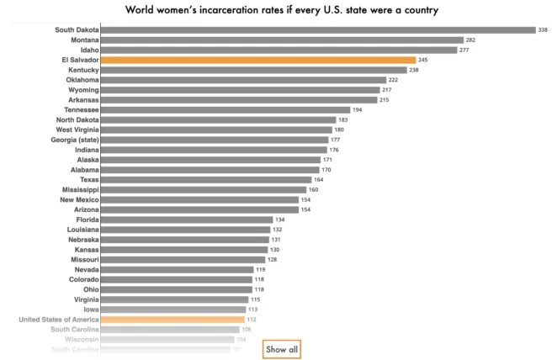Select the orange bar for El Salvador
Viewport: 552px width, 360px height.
(258, 60)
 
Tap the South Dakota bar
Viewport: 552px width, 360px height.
(318, 29)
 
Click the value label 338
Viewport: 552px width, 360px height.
(543, 29)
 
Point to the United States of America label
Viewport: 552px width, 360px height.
(59, 320)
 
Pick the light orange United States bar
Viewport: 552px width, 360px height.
(172, 320)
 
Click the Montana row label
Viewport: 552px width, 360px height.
(83, 40)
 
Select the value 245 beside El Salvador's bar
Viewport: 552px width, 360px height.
(423, 60)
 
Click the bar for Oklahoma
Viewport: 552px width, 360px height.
(243, 80)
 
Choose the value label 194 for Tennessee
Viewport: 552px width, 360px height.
(358, 109)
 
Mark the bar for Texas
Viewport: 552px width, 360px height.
(206, 179)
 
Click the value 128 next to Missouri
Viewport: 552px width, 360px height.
(272, 260)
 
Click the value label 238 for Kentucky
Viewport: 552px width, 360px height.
(414, 70)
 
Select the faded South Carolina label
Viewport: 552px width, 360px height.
(74, 330)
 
